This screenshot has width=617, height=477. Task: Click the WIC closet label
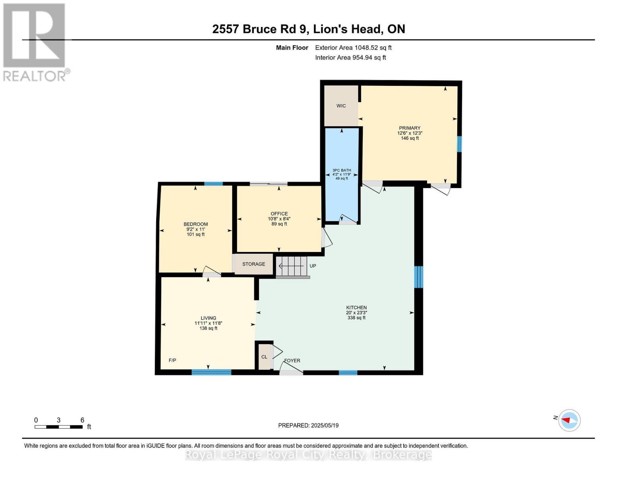[341, 106]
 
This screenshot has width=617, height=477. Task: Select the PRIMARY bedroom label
[410, 128]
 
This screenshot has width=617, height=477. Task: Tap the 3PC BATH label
[342, 170]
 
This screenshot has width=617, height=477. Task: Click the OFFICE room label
[279, 214]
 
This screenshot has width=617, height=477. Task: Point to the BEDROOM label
[195, 224]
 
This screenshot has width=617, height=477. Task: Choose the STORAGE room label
[253, 264]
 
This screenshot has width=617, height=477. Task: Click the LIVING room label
[208, 318]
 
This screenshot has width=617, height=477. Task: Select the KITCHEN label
[356, 308]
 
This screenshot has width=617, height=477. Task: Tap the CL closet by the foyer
[264, 357]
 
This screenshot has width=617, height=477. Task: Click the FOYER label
[292, 361]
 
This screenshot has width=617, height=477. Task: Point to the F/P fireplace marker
[172, 361]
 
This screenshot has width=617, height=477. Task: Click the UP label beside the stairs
[313, 266]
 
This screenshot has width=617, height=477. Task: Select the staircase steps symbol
[292, 266]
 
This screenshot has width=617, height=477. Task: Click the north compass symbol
[569, 420]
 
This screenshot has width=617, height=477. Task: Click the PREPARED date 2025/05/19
[308, 425]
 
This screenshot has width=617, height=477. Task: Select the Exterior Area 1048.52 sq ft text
[353, 48]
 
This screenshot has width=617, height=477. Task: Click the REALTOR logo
[35, 42]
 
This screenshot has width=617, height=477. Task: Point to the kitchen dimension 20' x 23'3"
[356, 313]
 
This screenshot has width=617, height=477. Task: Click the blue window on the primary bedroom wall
[459, 144]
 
